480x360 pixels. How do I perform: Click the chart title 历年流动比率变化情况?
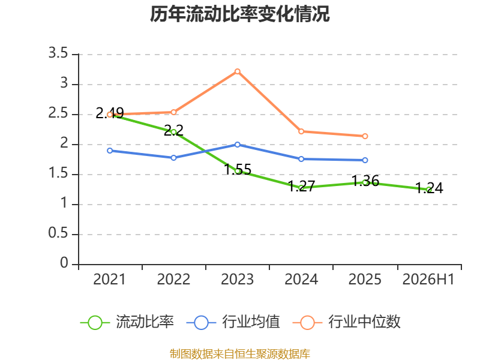click(239, 14)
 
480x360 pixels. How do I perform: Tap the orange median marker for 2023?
click(237, 71)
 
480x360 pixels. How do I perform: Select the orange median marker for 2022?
click(173, 112)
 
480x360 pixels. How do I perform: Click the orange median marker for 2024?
click(301, 131)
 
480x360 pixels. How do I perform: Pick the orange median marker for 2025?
click(365, 136)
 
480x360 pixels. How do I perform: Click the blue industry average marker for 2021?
click(110, 151)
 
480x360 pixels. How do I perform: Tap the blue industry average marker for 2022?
click(173, 158)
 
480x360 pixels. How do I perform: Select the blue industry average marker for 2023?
click(237, 145)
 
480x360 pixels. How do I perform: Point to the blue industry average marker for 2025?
click(365, 160)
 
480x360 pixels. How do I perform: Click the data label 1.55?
click(238, 169)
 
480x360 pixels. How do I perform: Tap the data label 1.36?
click(365, 181)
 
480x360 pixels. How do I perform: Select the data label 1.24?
click(429, 188)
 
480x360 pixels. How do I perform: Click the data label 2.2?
click(173, 130)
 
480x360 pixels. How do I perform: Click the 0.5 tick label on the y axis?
click(58, 233)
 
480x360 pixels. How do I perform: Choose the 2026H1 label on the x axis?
click(428, 279)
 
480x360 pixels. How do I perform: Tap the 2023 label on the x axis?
click(237, 279)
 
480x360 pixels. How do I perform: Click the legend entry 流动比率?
click(127, 322)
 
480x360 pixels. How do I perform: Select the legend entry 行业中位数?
click(347, 322)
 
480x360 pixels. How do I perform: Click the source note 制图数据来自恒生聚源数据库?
click(240, 354)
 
